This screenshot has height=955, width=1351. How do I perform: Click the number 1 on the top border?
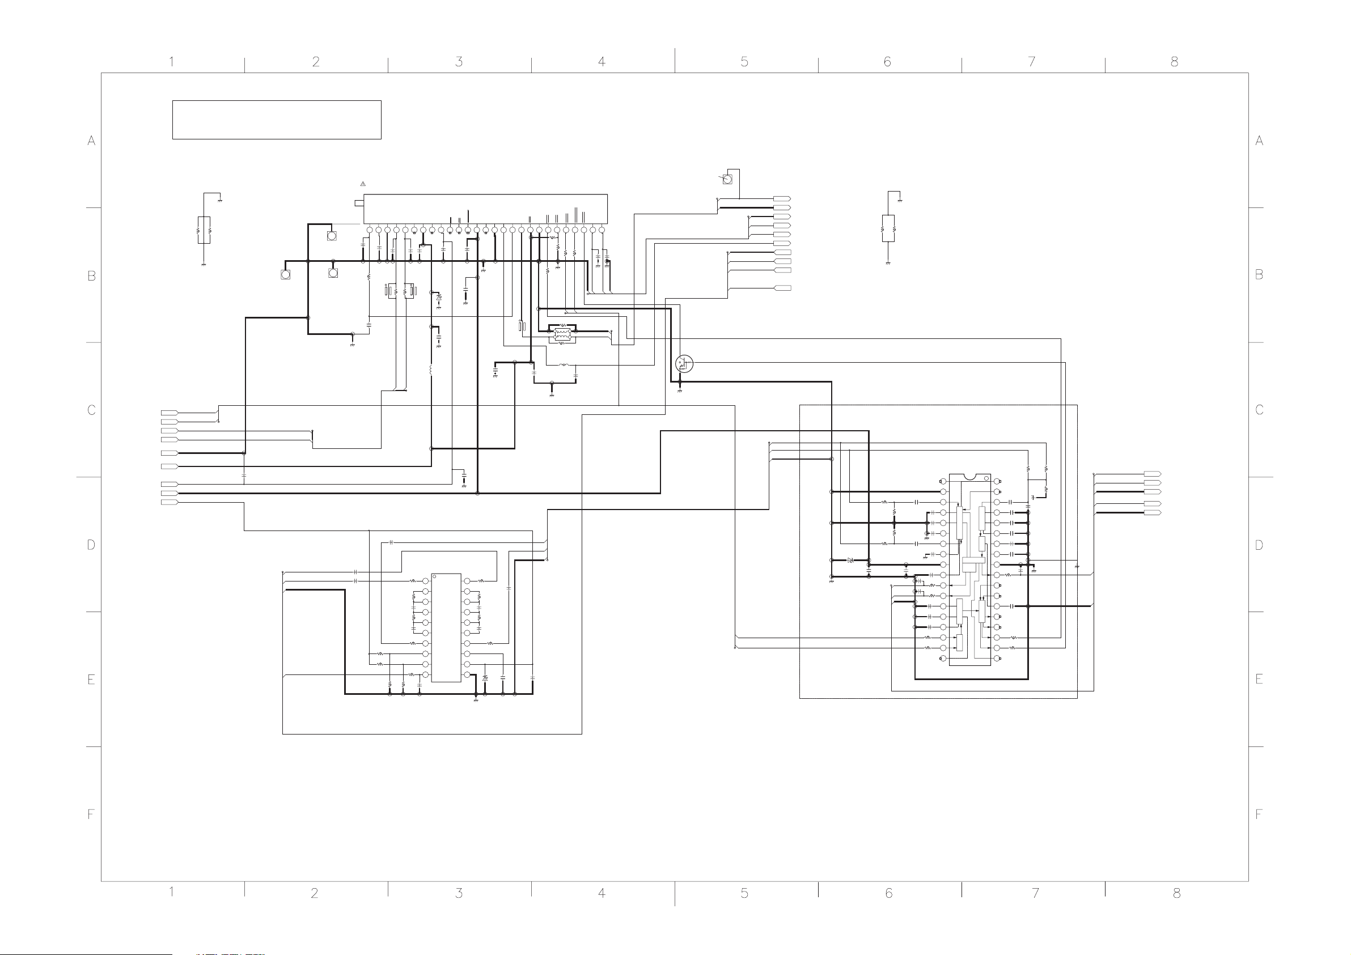171,62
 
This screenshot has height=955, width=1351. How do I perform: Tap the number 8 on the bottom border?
1176,893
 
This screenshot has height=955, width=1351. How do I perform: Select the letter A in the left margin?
91,141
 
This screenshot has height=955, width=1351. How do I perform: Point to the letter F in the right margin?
1259,815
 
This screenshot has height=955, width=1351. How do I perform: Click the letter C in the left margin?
91,410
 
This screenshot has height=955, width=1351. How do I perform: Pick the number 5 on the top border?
744,62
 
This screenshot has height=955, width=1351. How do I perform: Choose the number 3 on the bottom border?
459,893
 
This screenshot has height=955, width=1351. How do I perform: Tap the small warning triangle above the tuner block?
363,184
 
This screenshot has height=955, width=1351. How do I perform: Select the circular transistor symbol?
684,364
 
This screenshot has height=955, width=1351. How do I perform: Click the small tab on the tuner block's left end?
359,203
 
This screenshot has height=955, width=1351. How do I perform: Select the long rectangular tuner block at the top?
485,209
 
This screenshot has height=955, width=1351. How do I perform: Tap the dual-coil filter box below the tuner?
562,334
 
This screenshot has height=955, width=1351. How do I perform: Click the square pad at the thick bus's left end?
285,274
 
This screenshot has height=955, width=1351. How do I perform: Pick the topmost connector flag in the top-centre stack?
782,199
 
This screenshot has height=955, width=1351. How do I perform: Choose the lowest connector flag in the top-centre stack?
782,288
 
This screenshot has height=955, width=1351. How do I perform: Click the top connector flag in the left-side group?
170,413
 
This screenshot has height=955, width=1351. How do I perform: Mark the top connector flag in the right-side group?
1152,474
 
